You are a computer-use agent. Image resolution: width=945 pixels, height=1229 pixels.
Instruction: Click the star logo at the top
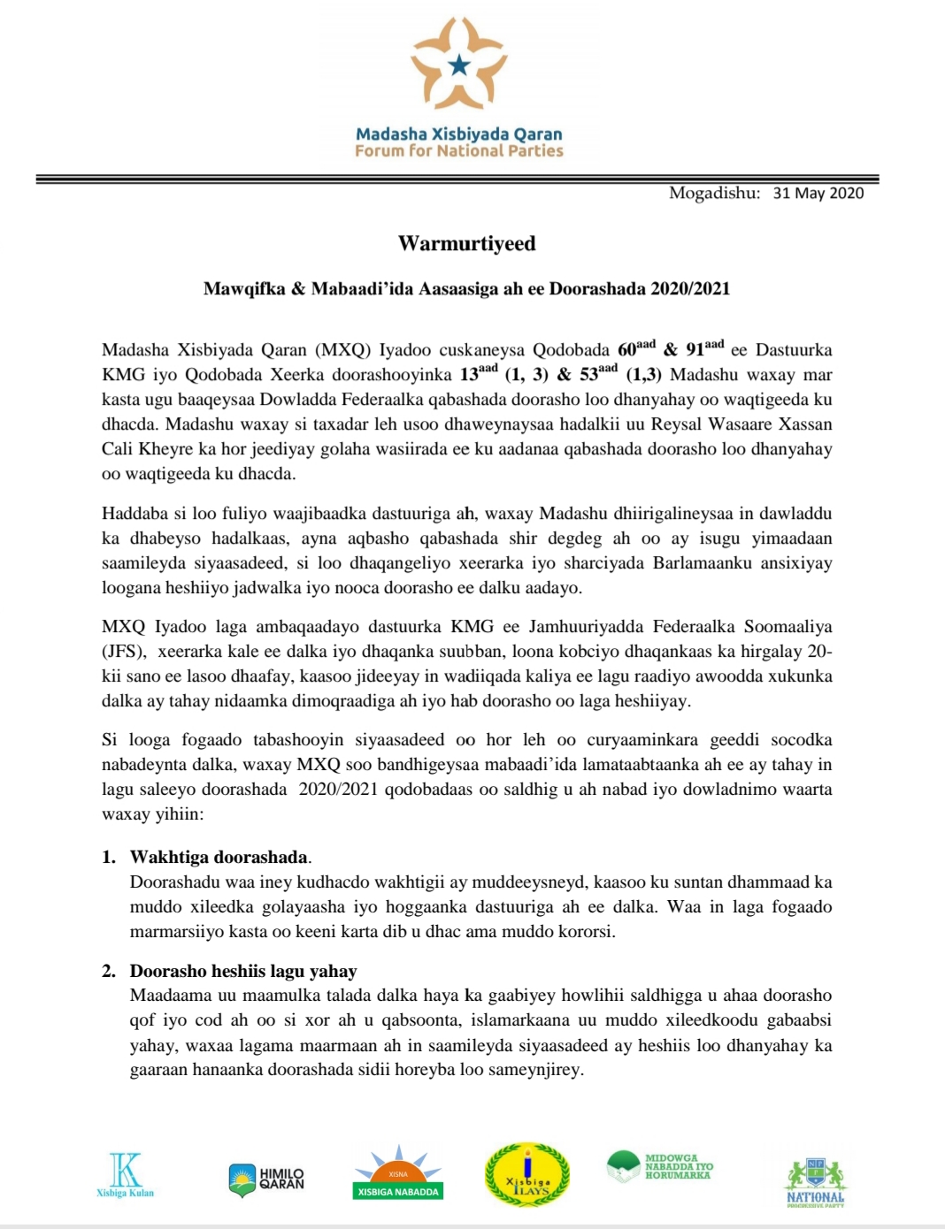click(458, 64)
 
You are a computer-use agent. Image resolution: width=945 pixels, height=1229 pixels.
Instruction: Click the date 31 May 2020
click(818, 193)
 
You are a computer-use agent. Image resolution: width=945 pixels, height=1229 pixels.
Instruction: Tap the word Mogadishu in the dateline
click(713, 193)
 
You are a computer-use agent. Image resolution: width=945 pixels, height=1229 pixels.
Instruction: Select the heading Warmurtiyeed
click(466, 243)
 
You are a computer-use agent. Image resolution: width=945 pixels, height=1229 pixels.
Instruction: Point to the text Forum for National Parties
click(458, 151)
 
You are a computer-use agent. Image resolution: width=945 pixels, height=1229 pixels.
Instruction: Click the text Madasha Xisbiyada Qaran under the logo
click(458, 134)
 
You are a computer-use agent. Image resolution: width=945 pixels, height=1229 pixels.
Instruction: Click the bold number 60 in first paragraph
click(627, 350)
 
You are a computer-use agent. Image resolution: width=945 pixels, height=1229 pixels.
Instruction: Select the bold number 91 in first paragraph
click(695, 350)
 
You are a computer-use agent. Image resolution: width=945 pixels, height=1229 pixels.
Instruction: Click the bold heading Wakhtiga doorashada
click(219, 857)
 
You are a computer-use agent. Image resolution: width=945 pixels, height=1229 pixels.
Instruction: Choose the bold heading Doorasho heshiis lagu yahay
click(243, 971)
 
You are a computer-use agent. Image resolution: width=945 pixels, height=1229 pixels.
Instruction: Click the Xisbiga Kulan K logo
click(125, 1173)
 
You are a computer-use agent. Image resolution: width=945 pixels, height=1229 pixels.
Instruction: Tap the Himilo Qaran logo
click(267, 1179)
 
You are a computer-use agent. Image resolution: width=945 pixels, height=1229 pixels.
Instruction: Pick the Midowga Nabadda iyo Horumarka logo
click(660, 1166)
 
